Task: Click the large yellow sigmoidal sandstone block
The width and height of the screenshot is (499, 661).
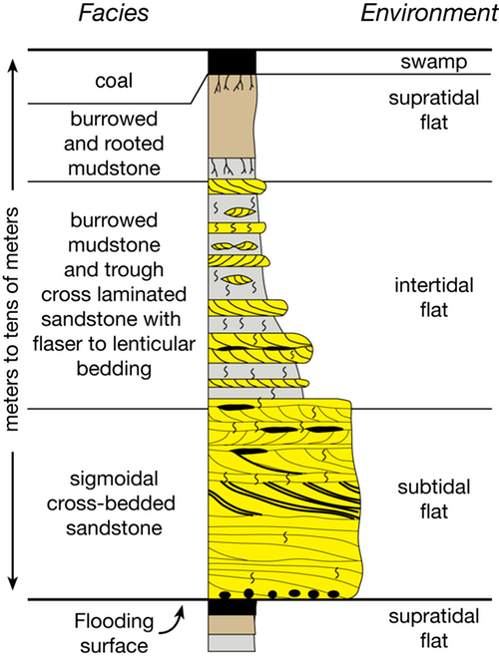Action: click(279, 498)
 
